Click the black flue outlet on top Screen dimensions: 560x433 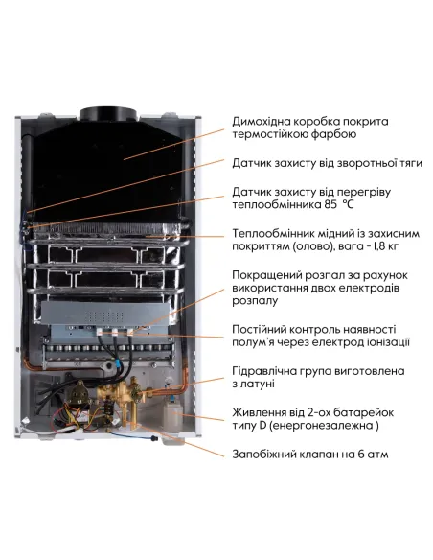tap(112, 115)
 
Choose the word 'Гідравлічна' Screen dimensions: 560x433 tap(267, 371)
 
